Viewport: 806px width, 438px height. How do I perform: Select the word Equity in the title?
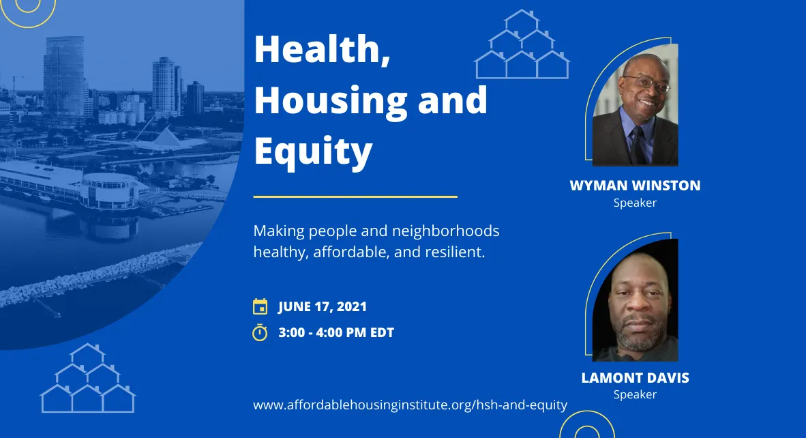point(313,151)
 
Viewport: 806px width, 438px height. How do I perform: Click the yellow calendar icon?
point(260,306)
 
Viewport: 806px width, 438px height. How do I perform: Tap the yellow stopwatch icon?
point(260,332)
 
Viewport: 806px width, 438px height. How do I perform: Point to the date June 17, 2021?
point(323,306)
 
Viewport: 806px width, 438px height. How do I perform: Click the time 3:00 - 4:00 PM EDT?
point(336,333)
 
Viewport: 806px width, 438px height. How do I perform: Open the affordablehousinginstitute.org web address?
point(410,405)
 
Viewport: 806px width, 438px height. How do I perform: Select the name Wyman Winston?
point(635,186)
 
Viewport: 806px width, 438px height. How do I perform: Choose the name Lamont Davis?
point(635,378)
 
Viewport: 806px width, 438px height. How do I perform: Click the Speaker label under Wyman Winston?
point(635,203)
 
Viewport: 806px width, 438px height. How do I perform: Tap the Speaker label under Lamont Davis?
point(635,394)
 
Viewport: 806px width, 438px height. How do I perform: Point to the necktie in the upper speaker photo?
point(637,143)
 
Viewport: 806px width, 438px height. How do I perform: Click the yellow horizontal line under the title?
point(355,196)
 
